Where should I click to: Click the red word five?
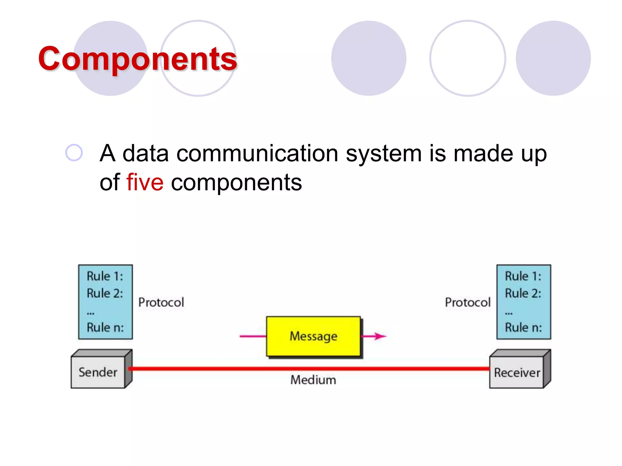tap(145, 182)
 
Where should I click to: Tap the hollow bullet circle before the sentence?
tap(74, 153)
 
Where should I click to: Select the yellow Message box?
tap(313, 336)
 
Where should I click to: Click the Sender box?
tap(98, 372)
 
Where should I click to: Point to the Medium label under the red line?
tap(313, 380)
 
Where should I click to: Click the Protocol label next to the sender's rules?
tap(161, 302)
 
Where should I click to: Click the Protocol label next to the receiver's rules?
tap(467, 302)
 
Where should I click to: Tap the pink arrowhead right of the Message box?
tap(380, 336)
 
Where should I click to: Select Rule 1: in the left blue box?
tap(105, 276)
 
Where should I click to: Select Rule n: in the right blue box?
tap(523, 328)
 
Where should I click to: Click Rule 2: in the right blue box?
tap(523, 293)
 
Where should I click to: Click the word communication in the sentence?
tap(257, 154)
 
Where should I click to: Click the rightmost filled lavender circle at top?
tap(553, 58)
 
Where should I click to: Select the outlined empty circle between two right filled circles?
tap(467, 58)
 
